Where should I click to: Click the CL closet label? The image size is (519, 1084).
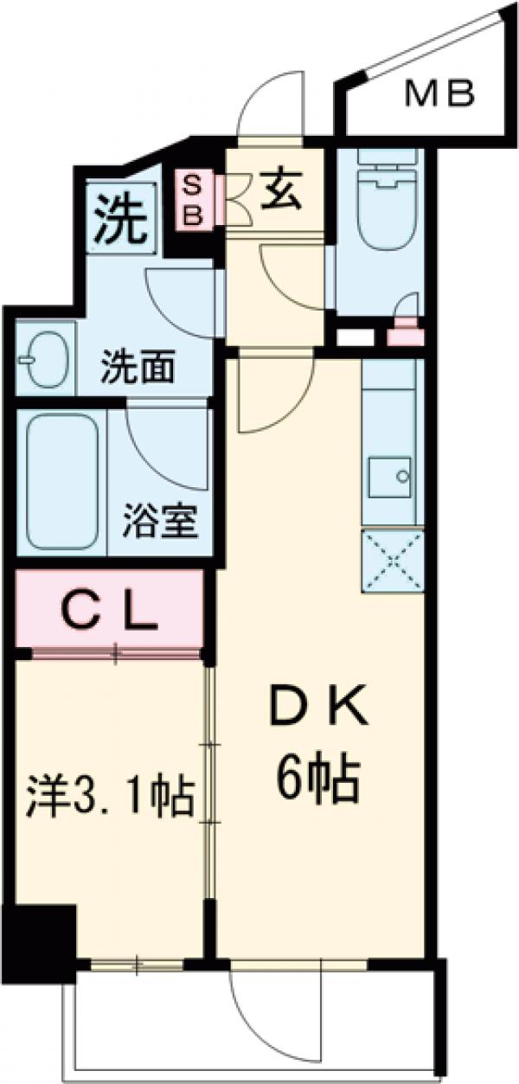113,613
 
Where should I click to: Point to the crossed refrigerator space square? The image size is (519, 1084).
393,560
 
